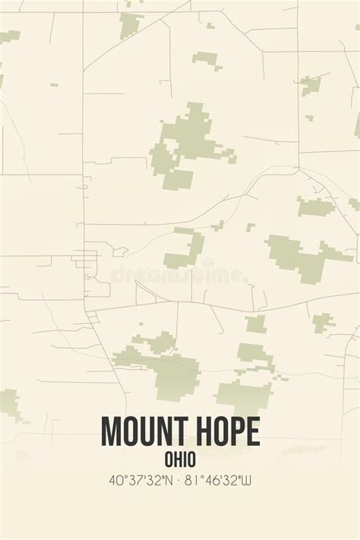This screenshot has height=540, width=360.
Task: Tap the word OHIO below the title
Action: click(180, 458)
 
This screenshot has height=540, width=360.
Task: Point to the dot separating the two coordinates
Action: click(179, 480)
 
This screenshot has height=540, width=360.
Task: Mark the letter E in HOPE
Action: click(253, 431)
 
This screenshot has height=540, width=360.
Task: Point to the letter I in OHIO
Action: click(185, 458)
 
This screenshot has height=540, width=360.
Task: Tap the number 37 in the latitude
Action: click(130, 480)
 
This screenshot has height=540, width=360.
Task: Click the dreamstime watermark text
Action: click(180, 275)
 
